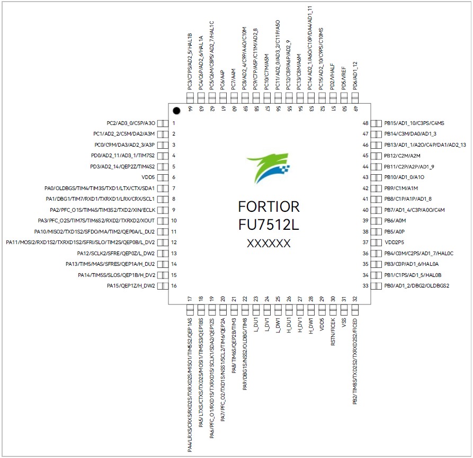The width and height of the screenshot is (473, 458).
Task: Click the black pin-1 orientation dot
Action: click(176, 111)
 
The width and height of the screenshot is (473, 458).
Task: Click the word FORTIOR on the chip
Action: click(269, 206)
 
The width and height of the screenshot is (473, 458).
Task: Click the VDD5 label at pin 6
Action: click(145, 177)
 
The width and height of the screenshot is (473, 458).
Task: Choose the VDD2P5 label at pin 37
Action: click(395, 242)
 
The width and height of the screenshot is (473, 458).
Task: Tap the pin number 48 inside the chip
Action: click(365, 123)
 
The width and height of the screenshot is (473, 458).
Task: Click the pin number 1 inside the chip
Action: click(174, 123)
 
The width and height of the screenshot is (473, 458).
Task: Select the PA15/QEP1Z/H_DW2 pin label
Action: click(131, 286)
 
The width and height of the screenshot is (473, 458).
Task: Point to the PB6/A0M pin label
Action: click(395, 221)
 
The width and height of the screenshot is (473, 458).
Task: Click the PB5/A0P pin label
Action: click(394, 231)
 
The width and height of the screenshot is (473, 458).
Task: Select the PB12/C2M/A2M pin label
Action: click(402, 156)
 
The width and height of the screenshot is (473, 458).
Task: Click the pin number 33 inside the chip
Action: click(365, 286)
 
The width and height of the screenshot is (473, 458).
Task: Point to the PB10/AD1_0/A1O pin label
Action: click(404, 177)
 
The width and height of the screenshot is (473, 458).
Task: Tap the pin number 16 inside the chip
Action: click(174, 286)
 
